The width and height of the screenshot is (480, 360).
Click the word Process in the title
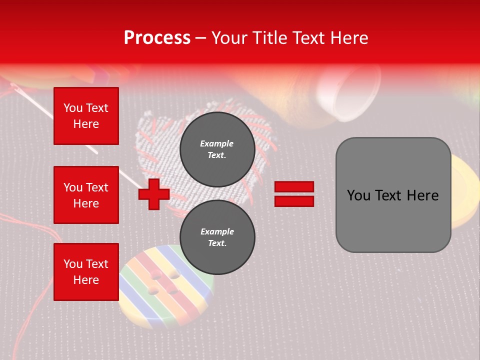[157, 38]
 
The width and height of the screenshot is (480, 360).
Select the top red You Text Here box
[86, 116]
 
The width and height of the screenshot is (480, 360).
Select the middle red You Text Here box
[86, 195]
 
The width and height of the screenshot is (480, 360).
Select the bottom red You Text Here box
[86, 272]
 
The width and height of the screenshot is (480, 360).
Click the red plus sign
[153, 194]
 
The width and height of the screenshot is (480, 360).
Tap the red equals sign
[294, 194]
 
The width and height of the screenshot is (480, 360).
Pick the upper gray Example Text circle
[217, 149]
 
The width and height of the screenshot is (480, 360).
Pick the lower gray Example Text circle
[217, 237]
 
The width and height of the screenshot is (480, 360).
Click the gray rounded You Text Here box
[393, 195]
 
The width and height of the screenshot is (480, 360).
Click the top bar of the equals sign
[294, 187]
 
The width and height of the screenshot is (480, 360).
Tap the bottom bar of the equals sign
[294, 201]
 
